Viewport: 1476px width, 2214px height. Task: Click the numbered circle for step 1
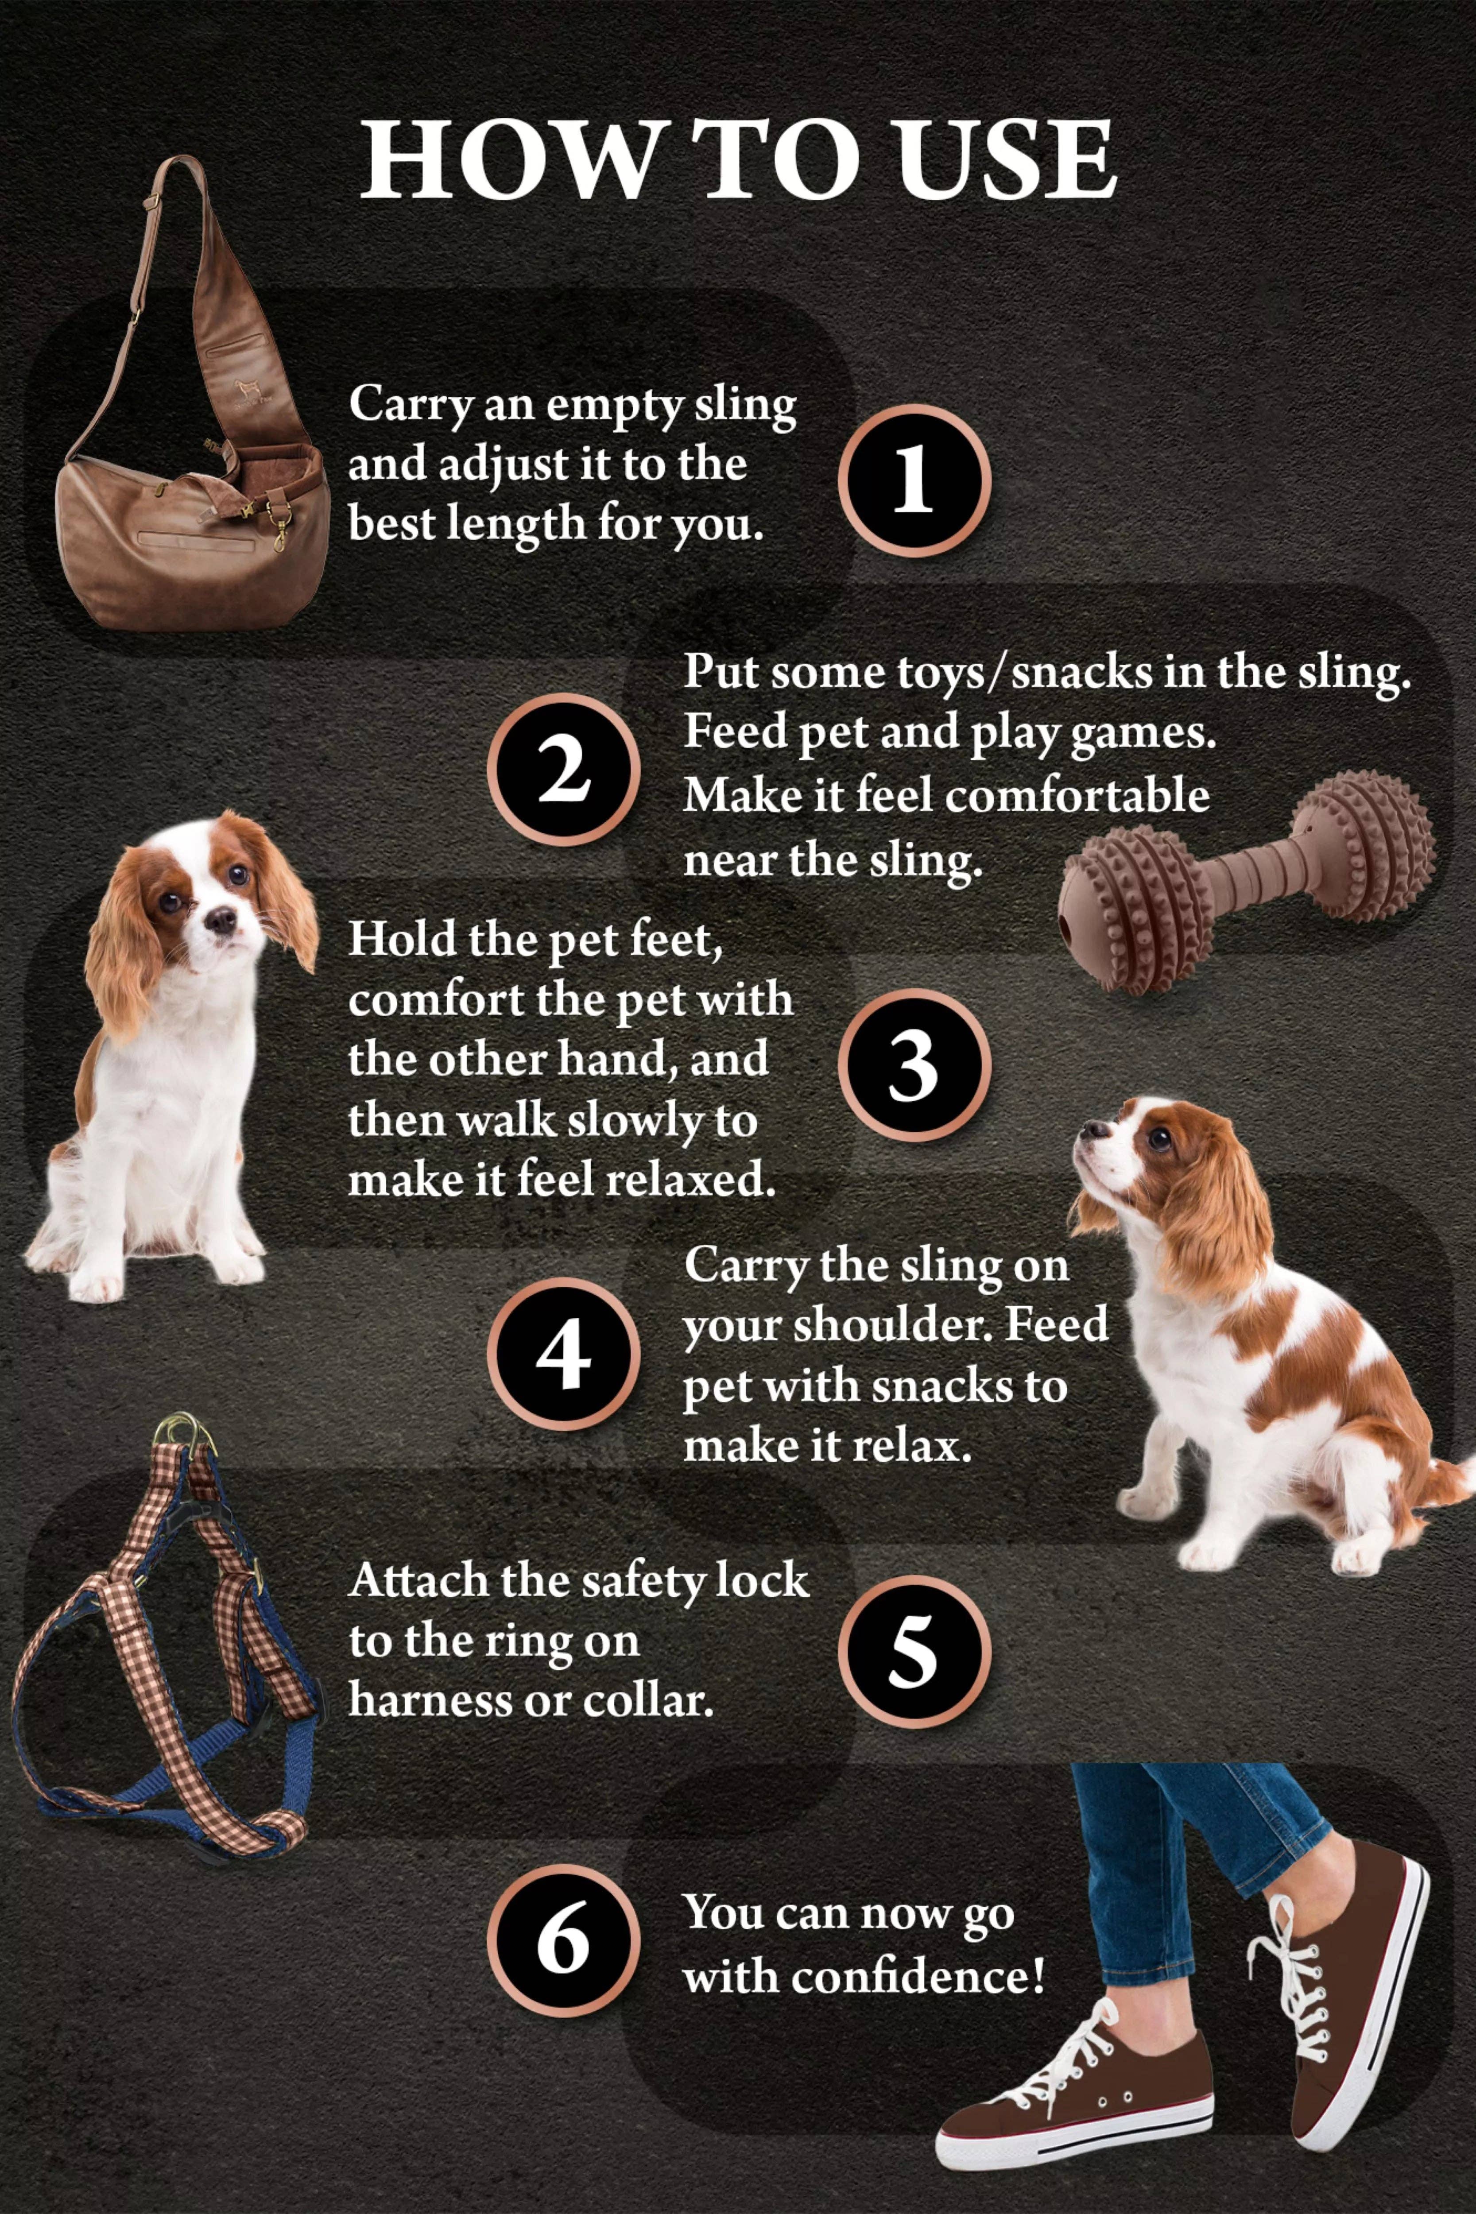913,480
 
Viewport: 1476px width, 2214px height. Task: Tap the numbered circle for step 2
563,769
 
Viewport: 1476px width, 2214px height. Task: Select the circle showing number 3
913,1064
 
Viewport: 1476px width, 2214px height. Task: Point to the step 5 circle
913,1652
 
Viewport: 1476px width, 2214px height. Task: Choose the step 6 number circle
563,1941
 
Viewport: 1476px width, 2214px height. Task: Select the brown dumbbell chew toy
1247,880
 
